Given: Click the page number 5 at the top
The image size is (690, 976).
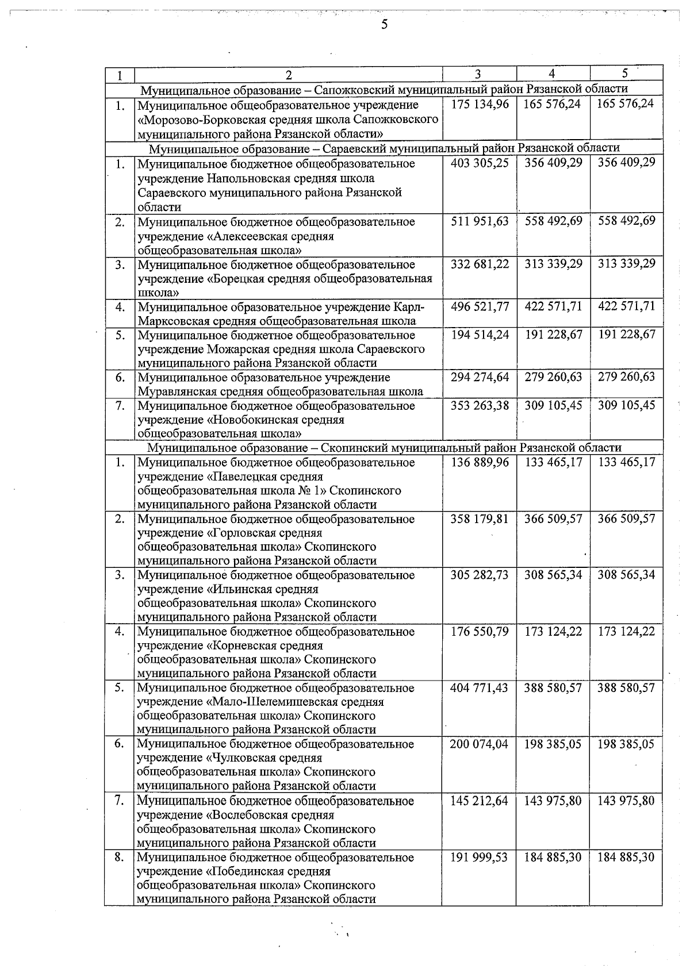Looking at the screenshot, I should (384, 24).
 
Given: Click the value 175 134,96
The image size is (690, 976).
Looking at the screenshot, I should (480, 105).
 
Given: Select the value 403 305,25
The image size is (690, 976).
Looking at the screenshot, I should (480, 163).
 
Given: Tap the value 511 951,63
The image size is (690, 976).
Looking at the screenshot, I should (480, 221).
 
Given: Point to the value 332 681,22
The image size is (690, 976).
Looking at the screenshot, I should (480, 264).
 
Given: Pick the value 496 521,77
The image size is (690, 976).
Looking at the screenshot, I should (480, 306).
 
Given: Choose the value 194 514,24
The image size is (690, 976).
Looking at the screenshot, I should (480, 335).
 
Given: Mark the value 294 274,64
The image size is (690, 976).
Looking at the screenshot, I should (480, 377).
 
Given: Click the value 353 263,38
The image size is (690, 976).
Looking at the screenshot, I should (480, 405).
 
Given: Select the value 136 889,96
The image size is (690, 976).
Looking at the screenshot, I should (480, 462).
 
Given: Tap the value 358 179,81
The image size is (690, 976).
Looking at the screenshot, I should (480, 518).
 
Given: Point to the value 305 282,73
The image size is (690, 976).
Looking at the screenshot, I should (480, 575).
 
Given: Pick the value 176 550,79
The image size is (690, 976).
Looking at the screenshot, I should (480, 631).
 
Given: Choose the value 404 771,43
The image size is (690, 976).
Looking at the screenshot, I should (480, 687).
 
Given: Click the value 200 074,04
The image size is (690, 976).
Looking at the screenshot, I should (480, 744).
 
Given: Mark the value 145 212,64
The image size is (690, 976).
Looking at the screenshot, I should (480, 801).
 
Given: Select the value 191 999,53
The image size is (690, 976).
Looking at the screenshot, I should (480, 857).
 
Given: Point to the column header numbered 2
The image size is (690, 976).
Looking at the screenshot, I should (289, 75).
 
